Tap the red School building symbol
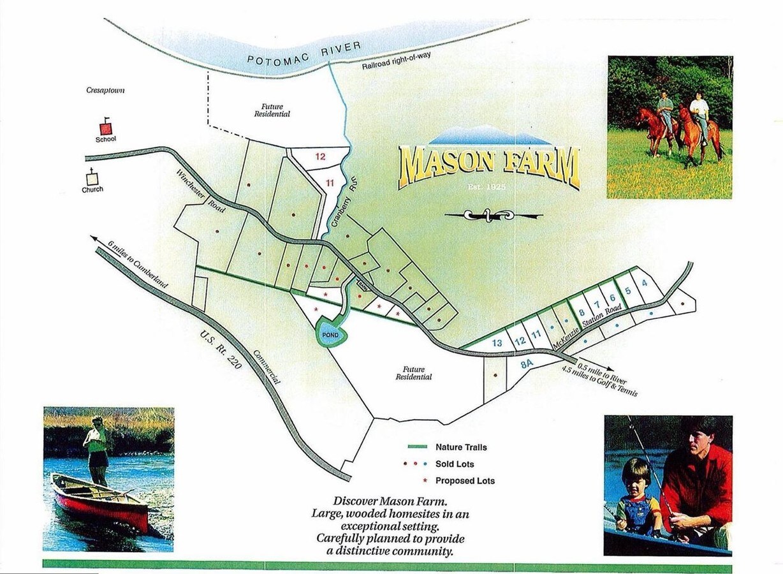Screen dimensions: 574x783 [x=106, y=128]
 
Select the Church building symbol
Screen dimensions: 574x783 [x=92, y=179]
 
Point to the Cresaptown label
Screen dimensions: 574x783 [x=105, y=91]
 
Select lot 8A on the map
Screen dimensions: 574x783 [x=527, y=365]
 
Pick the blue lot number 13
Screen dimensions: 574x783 [x=497, y=343]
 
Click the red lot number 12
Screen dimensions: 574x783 [x=321, y=156]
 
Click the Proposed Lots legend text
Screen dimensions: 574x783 [x=465, y=481]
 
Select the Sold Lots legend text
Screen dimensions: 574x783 [x=455, y=464]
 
